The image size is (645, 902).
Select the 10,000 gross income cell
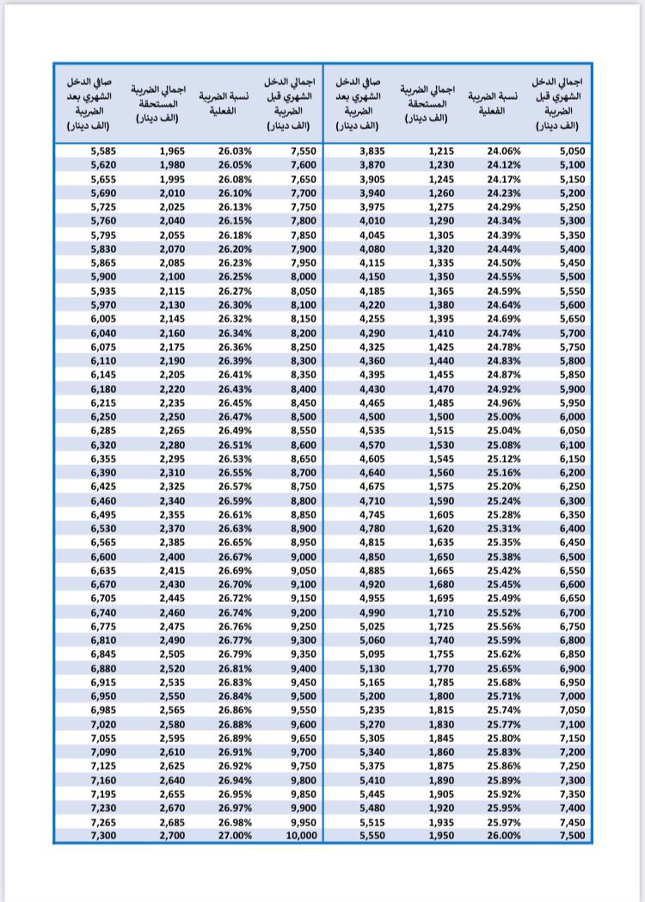[x=301, y=835]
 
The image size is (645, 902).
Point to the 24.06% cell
[x=504, y=151]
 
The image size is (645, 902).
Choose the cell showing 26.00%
[x=504, y=835]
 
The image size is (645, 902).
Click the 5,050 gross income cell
[x=572, y=151]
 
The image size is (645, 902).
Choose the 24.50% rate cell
[x=504, y=263]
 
